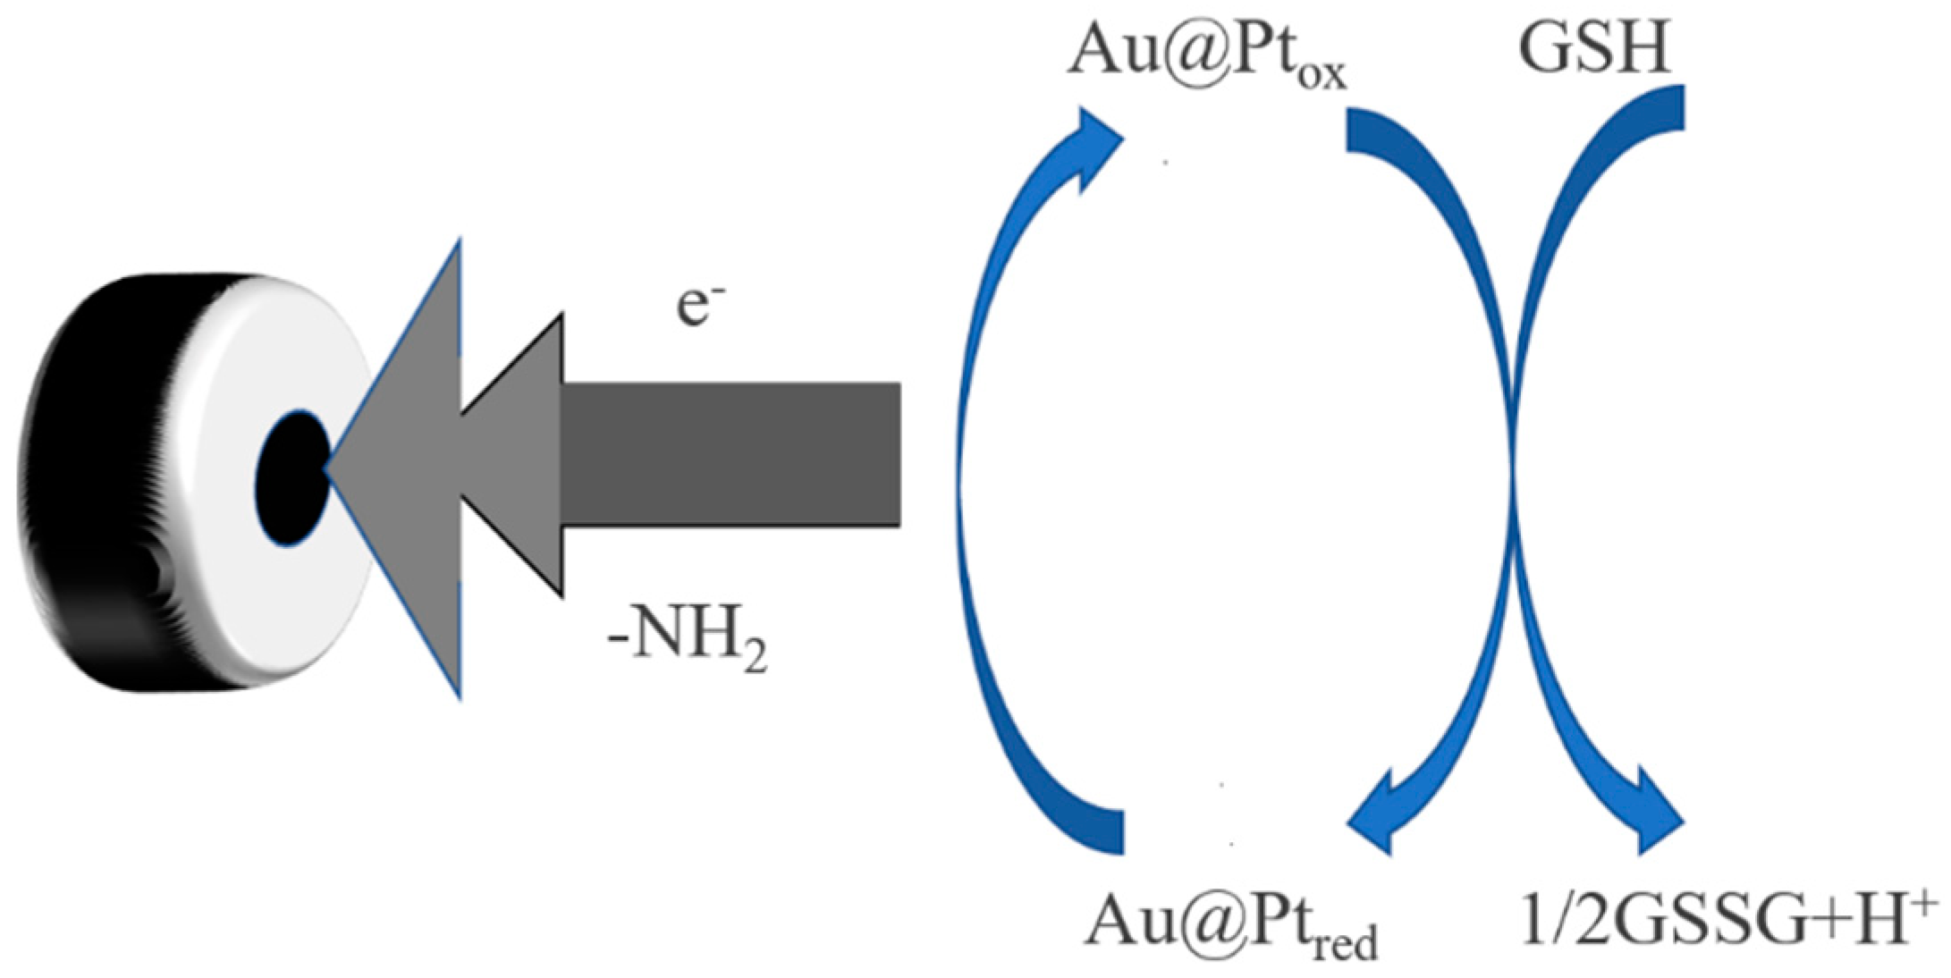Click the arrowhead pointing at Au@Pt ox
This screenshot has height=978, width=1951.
point(1095,143)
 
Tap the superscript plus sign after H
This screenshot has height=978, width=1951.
point(1923,898)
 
